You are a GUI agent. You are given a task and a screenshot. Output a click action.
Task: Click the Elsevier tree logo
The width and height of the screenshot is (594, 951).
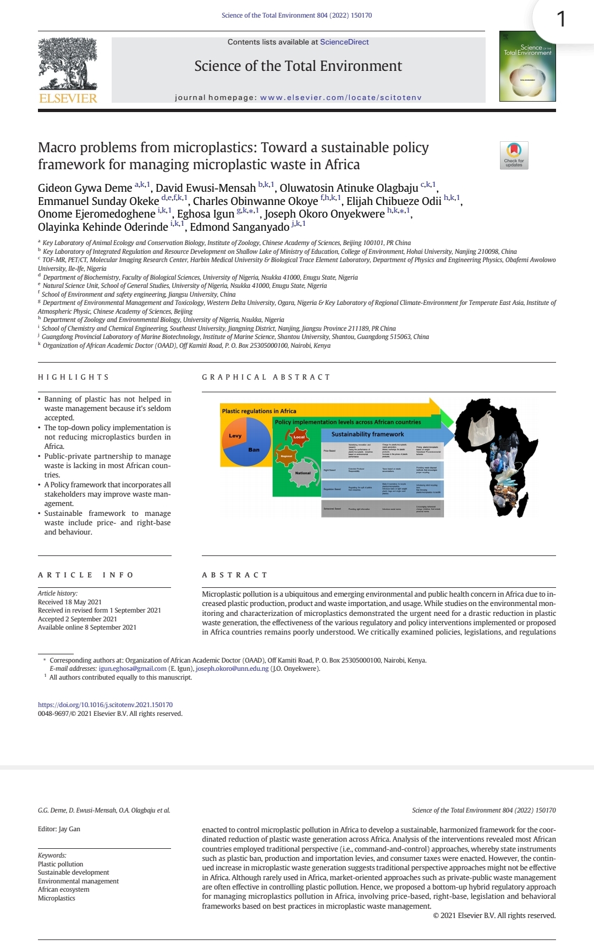[x=68, y=65]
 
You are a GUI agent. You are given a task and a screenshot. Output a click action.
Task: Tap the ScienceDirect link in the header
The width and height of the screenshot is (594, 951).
[x=344, y=42]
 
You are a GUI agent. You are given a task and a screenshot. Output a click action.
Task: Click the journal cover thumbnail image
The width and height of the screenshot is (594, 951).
[x=527, y=66]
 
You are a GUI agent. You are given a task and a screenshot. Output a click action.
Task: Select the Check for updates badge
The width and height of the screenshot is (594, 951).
[x=514, y=155]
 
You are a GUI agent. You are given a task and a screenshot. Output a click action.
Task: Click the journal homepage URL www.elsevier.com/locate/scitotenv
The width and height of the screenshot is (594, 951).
[x=340, y=97]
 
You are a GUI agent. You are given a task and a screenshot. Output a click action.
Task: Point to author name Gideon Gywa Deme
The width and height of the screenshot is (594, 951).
[x=85, y=188]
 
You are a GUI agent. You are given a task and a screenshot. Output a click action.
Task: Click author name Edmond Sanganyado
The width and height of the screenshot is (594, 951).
[x=239, y=227]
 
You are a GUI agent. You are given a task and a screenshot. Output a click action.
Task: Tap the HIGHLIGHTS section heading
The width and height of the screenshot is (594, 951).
[x=73, y=377]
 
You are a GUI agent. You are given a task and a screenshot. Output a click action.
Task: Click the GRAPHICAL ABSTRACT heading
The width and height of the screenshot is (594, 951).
[x=266, y=377]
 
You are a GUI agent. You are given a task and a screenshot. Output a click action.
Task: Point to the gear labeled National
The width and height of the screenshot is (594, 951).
[x=302, y=473]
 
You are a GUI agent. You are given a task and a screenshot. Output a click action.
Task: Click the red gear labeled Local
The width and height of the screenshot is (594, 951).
[x=299, y=437]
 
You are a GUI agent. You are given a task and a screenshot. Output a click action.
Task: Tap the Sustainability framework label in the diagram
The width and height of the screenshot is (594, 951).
[x=367, y=434]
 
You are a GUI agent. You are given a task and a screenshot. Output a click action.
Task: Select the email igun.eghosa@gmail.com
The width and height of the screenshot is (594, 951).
[x=133, y=669]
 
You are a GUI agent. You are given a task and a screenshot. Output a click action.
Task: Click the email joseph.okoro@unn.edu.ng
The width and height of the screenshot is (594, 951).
[x=232, y=669]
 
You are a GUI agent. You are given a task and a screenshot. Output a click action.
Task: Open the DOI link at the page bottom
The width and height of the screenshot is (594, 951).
[x=105, y=704]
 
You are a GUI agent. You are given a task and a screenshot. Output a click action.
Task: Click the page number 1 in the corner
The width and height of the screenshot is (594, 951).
[x=561, y=20]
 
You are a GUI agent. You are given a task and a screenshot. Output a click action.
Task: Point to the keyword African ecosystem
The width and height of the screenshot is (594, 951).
[x=63, y=889]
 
